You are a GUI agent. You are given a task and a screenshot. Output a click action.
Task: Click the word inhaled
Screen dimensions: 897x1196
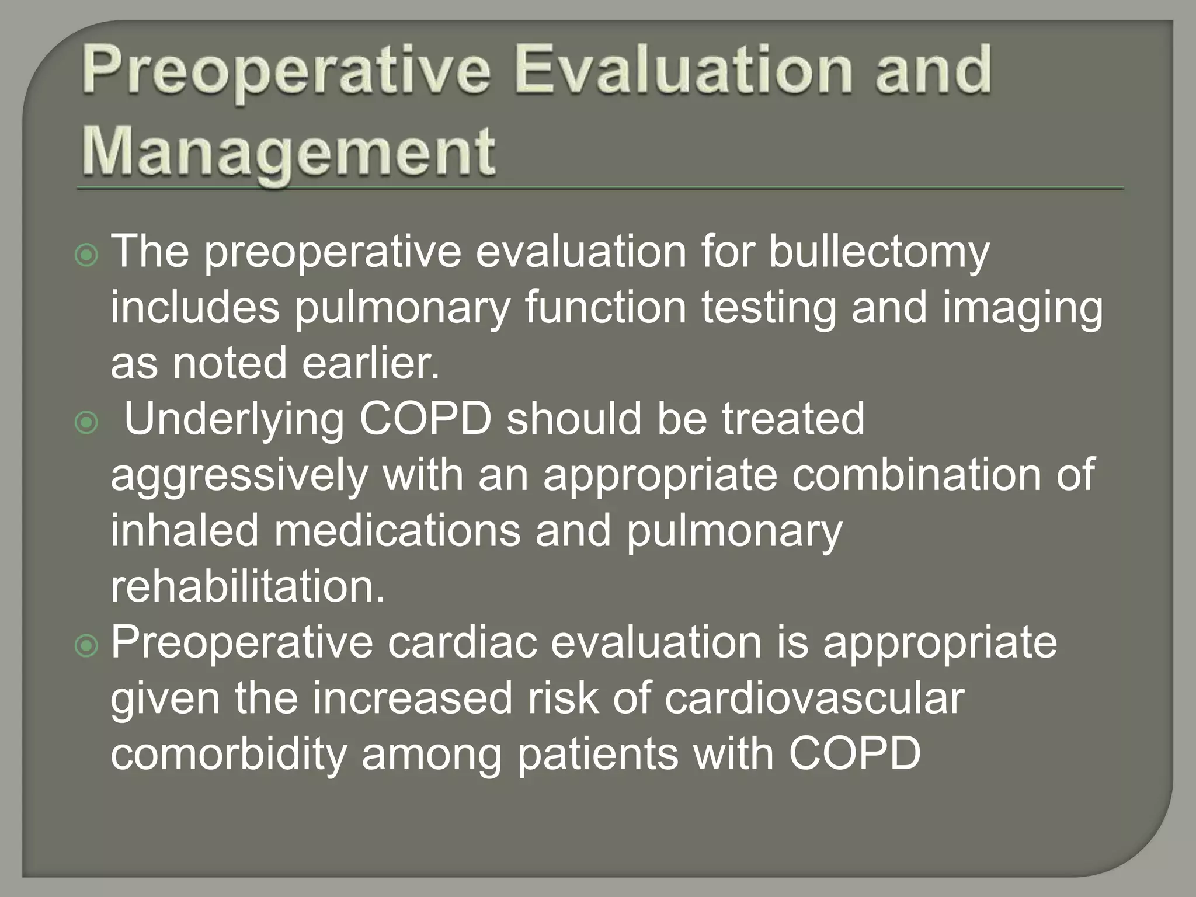[x=185, y=530]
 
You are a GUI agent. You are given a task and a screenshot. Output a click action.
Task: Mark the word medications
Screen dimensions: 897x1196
[x=397, y=530]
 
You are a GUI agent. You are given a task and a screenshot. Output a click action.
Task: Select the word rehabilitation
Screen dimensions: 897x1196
[x=248, y=586]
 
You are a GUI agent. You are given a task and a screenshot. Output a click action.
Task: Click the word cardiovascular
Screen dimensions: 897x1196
[x=814, y=698]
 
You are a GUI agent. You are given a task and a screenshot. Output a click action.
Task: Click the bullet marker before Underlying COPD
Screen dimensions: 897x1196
[x=87, y=423]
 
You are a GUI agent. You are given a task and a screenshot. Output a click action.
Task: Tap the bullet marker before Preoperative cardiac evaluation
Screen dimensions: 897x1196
[x=87, y=645]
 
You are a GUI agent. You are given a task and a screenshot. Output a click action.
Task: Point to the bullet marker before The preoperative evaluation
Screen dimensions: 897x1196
[x=87, y=255]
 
